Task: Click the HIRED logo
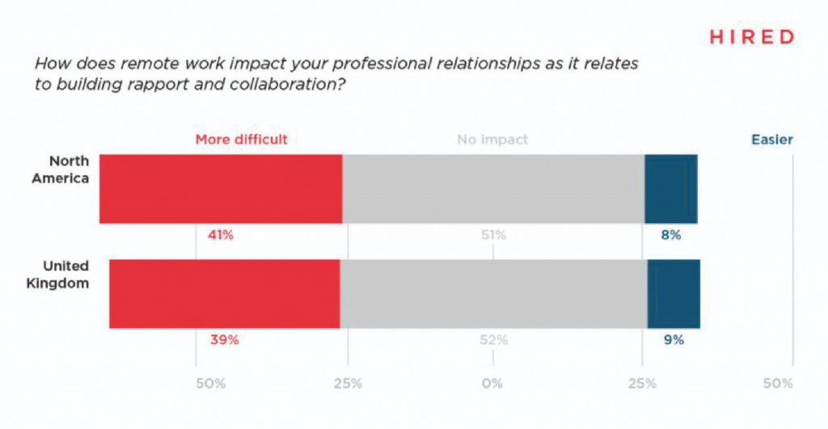[751, 37]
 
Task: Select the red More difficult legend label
[241, 140]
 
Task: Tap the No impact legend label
[492, 140]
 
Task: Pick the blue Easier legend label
[771, 140]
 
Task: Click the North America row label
[60, 170]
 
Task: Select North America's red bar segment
[221, 188]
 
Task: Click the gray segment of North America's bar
[493, 188]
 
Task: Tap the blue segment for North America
[670, 188]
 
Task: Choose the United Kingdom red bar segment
[224, 293]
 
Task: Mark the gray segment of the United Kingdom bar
[493, 293]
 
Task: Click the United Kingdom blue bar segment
[674, 293]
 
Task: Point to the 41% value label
[220, 236]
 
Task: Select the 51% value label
[492, 236]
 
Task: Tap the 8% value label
[671, 236]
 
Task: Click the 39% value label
[224, 340]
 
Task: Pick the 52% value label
[493, 340]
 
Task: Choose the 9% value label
[674, 340]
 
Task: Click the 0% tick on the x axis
[492, 382]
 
